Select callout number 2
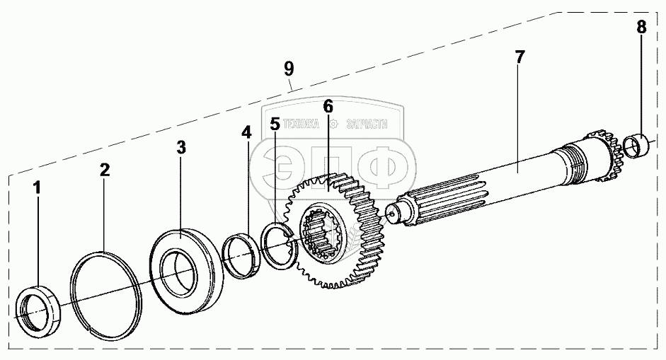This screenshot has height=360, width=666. click(x=104, y=170)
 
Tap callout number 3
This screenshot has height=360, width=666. click(x=181, y=147)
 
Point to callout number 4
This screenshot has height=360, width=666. click(x=246, y=132)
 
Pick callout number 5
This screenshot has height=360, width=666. click(x=275, y=124)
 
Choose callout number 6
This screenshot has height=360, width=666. click(x=328, y=107)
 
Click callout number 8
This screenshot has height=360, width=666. click(x=641, y=28)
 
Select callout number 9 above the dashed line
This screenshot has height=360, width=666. click(x=289, y=68)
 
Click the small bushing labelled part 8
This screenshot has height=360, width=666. click(x=640, y=149)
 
